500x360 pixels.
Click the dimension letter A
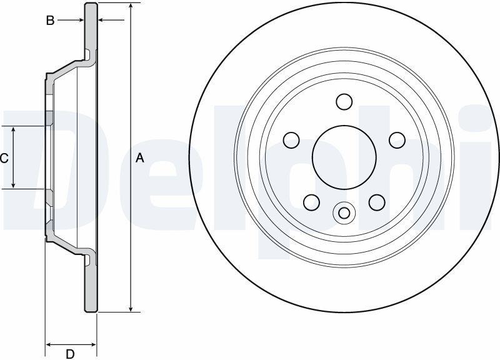point(139,158)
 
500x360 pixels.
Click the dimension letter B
point(50,21)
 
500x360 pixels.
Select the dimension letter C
point(4,158)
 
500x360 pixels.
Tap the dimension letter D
point(70,354)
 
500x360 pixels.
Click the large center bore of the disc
point(344,157)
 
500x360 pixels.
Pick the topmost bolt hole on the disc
point(344,102)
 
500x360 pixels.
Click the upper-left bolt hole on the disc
point(291,140)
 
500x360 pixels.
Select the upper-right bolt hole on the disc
point(397,140)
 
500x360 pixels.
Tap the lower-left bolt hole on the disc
point(311,202)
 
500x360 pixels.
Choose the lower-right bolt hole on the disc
point(377,202)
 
